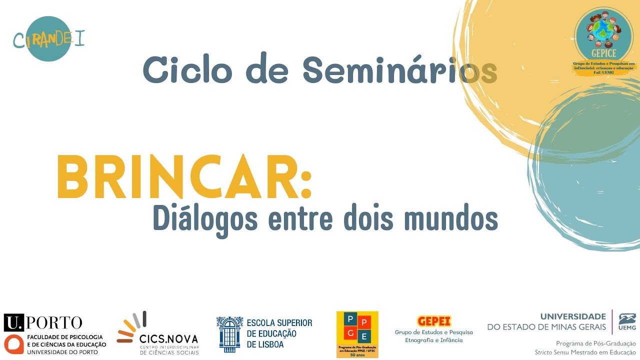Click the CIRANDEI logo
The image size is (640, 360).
pyautogui.click(x=48, y=39)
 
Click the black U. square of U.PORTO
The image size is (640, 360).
pyautogui.click(x=13, y=322)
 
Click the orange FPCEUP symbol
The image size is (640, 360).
pyautogui.click(x=13, y=344)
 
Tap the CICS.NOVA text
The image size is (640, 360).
pyautogui.click(x=169, y=339)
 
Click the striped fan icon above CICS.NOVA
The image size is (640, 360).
pyautogui.click(x=132, y=327)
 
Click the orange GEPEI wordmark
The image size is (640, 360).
pyautogui.click(x=434, y=321)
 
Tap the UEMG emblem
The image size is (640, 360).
pyautogui.click(x=627, y=321)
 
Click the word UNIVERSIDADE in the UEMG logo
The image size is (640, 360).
pyautogui.click(x=573, y=316)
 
